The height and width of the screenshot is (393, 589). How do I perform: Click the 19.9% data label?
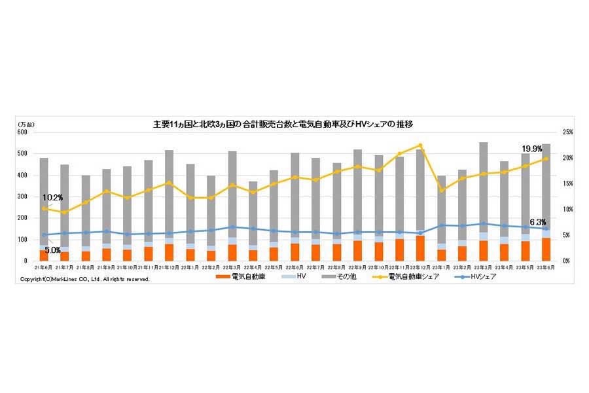pos(531,149)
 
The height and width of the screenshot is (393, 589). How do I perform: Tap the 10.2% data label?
pos(52,197)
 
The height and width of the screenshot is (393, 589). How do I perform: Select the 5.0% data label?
pos(53,249)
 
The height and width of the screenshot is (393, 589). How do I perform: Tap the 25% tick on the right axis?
pos(567,132)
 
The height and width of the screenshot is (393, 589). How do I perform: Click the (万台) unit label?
pos(27,124)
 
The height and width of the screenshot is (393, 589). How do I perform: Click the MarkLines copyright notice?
pos(85,279)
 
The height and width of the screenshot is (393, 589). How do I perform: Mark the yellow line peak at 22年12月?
pos(420,145)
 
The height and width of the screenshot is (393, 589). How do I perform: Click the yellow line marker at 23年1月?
pos(441,190)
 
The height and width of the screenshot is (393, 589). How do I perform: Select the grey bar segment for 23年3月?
pos(483,187)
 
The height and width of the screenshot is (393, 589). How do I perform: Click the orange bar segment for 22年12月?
pos(420,248)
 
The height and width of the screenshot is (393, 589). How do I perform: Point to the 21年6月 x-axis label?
pos(44,267)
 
